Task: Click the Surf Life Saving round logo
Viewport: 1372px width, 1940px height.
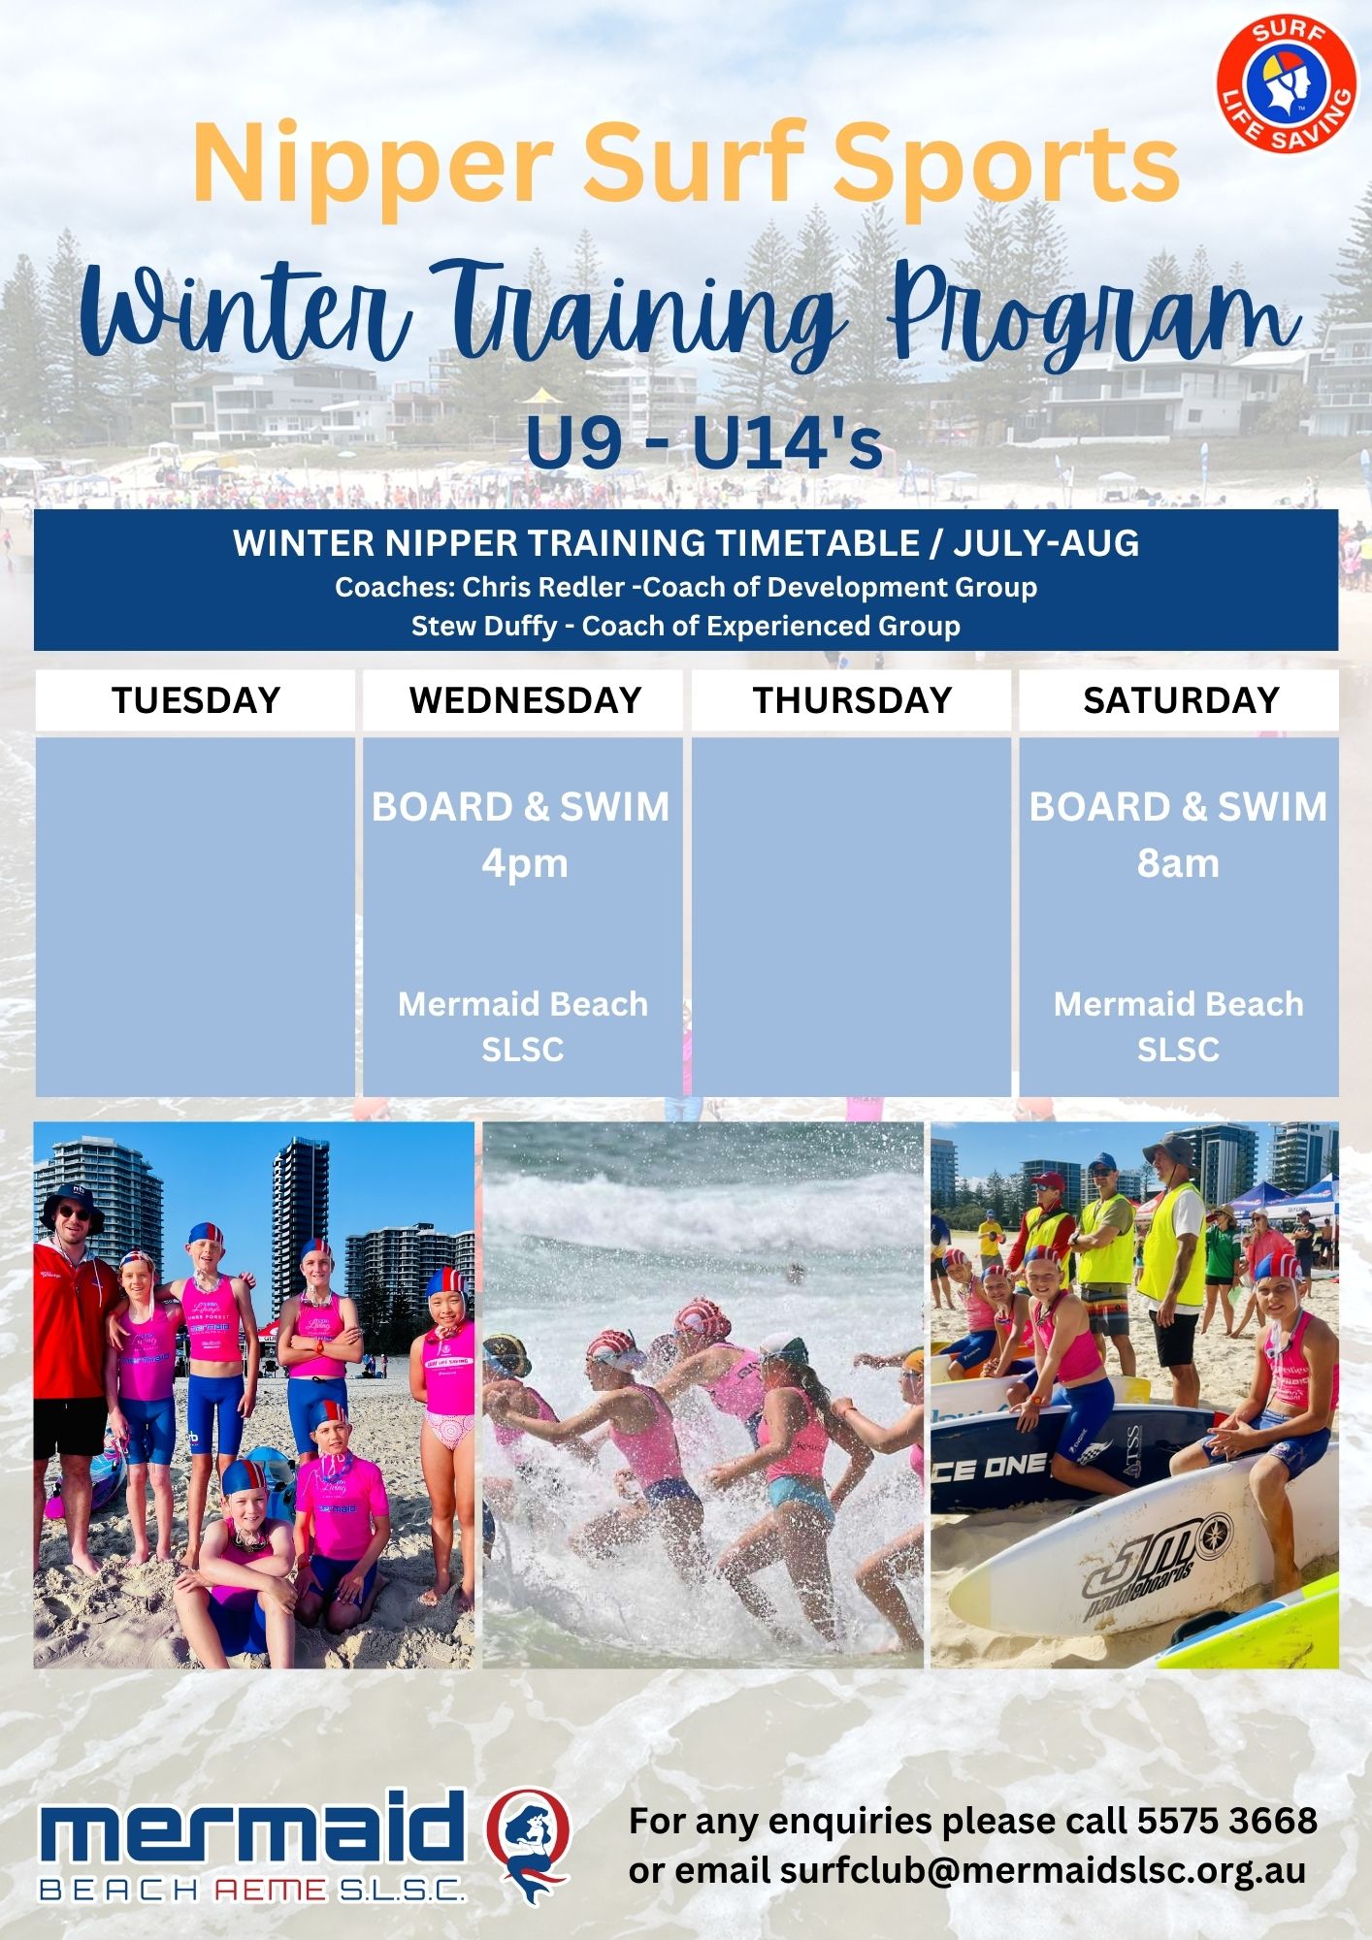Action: pos(1287,84)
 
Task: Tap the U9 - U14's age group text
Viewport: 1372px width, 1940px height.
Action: pos(703,441)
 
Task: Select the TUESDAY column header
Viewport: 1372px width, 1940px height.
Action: pos(196,700)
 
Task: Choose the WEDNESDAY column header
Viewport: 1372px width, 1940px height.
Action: pos(524,700)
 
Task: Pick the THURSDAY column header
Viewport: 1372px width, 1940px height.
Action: pos(852,700)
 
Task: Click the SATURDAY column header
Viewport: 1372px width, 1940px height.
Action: pos(1180,700)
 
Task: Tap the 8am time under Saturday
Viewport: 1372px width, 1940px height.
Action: pos(1178,863)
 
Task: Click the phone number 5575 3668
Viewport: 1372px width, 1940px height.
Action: pos(1227,1821)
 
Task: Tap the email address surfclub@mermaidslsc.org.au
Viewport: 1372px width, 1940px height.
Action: pos(1042,1870)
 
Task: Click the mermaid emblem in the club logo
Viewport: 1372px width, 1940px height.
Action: pos(528,1846)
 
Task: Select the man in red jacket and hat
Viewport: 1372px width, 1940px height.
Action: pos(73,1377)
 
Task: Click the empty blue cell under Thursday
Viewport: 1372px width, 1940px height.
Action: pos(852,917)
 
